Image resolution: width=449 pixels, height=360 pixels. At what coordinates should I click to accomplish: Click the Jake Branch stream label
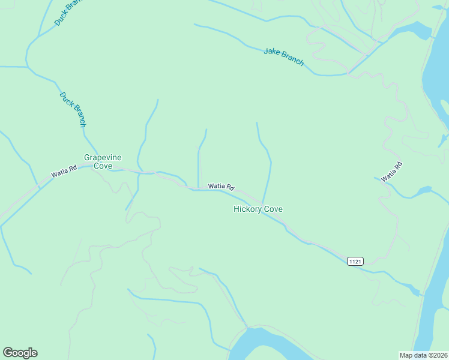pos(284,56)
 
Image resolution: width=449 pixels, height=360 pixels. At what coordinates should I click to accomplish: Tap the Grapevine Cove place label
pos(103,161)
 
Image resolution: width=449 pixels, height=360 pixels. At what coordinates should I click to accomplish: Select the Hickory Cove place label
pos(258,209)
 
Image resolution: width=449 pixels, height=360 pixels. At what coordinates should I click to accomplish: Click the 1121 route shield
pos(355,261)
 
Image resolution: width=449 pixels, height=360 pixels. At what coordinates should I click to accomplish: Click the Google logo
pos(20,353)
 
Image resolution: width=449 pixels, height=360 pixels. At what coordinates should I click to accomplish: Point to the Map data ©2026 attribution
pos(423,355)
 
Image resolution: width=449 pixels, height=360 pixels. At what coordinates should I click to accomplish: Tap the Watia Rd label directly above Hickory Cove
pos(221,187)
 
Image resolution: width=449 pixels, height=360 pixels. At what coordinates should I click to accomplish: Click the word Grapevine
pos(103,157)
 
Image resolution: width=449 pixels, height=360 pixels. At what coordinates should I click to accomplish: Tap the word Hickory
pos(247,209)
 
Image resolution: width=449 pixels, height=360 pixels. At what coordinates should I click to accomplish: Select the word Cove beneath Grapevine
pos(103,166)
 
